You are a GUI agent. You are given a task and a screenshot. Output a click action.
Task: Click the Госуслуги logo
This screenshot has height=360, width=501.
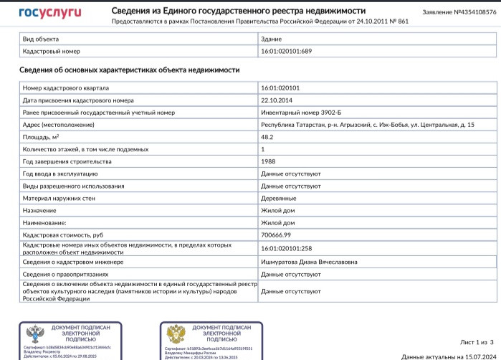49,12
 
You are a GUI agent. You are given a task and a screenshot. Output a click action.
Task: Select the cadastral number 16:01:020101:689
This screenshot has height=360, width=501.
287,52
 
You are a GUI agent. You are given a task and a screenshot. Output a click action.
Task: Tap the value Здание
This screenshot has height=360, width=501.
272,39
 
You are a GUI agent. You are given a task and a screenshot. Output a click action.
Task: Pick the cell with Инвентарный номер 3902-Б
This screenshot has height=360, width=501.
298,113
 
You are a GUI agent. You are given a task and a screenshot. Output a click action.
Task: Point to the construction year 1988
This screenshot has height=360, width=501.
268,161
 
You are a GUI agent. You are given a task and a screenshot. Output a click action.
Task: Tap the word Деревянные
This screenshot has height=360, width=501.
279,198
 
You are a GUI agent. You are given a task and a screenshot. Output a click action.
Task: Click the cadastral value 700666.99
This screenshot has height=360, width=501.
277,235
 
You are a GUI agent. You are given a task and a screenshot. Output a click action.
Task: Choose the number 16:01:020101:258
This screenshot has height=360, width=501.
287,247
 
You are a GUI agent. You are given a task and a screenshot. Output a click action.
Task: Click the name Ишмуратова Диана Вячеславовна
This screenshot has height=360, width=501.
309,262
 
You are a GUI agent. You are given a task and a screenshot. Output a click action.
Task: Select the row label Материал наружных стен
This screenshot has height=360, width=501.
61,198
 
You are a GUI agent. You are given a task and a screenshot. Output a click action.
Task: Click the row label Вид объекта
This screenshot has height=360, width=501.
41,39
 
